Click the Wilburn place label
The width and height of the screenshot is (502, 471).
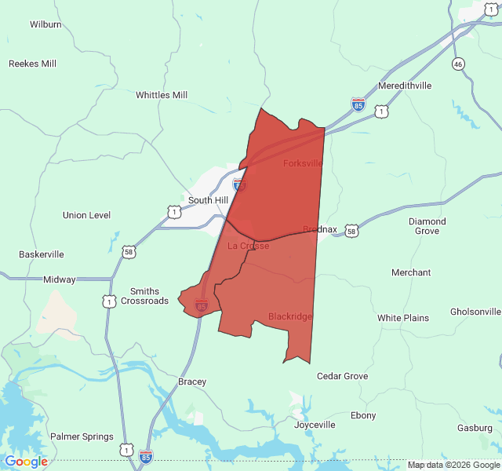click(x=45, y=24)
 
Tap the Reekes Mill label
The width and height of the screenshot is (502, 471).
click(x=32, y=64)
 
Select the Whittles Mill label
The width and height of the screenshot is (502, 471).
click(x=162, y=95)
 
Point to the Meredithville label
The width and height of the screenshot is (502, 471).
click(x=405, y=85)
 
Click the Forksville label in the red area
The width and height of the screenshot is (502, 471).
click(x=303, y=163)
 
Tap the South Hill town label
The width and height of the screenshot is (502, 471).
click(x=208, y=200)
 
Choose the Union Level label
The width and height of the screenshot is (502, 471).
click(x=86, y=215)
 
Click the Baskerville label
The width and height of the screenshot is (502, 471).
click(x=42, y=254)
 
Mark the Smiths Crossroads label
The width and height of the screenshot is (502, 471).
click(x=149, y=296)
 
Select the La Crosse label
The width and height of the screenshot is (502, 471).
click(x=249, y=246)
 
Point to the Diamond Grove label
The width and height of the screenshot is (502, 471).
click(x=427, y=226)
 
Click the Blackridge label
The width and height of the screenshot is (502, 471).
click(x=290, y=316)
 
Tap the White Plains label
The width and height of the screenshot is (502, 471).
click(x=403, y=318)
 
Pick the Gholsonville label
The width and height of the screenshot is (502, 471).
click(x=475, y=312)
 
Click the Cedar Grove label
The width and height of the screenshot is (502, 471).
click(x=342, y=376)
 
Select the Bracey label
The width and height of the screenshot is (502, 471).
click(x=192, y=382)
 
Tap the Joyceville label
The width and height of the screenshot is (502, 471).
click(x=315, y=425)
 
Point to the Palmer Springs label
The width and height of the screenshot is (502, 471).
click(x=82, y=436)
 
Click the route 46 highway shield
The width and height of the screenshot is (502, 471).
click(x=458, y=63)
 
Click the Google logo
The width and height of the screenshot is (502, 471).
click(x=26, y=462)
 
